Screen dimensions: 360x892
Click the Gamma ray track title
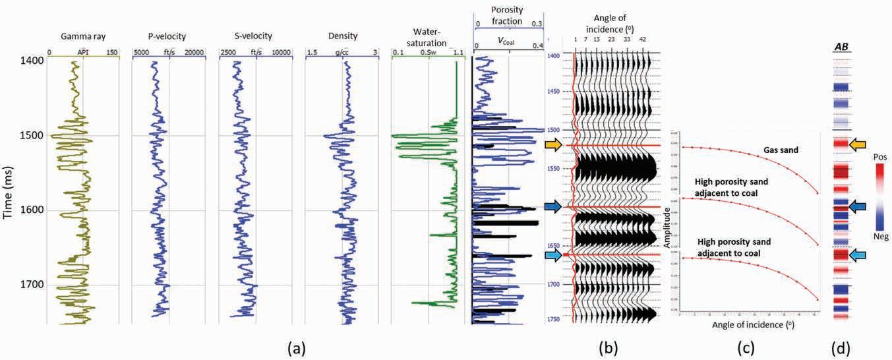click(84, 36)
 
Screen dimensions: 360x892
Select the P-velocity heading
click(169, 36)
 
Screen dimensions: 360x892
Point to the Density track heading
click(342, 36)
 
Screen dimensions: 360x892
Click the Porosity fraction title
click(508, 13)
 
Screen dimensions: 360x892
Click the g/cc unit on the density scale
click(342, 52)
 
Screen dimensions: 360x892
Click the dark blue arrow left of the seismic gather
click(552, 207)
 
